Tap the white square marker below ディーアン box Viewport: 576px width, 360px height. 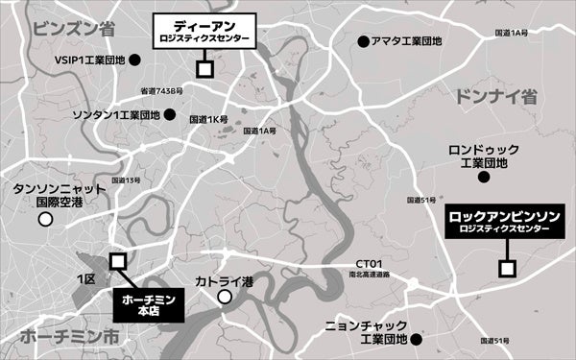204,69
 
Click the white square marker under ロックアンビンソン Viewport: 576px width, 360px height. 507,267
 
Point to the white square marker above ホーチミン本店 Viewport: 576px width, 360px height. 118,261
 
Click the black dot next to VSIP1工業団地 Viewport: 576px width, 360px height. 135,60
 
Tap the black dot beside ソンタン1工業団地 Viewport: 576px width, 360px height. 169,115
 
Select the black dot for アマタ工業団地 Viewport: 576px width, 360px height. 363,41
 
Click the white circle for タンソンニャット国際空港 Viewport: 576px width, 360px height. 45,220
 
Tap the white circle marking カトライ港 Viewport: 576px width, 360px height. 225,298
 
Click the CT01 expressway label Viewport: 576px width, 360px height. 370,263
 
